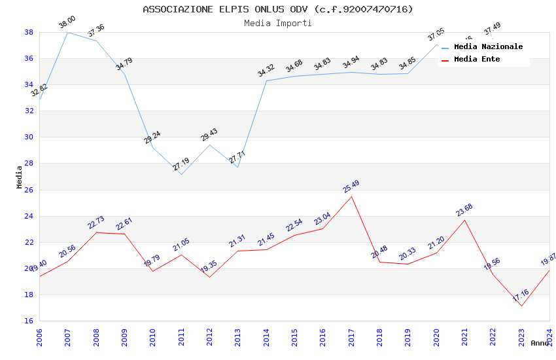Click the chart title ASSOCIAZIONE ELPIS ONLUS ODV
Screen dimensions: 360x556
click(278, 9)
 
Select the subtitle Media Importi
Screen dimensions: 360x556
click(278, 23)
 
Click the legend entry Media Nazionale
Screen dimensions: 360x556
click(488, 46)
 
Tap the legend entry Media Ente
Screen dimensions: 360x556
click(477, 59)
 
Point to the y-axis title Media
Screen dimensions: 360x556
click(20, 177)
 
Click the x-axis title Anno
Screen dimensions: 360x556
click(540, 343)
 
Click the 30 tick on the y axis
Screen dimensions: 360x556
click(29, 137)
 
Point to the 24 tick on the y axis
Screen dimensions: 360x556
click(29, 216)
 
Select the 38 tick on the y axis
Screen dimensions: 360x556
click(29, 32)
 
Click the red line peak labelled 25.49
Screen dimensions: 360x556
click(351, 196)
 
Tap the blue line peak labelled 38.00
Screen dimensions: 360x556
click(67, 32)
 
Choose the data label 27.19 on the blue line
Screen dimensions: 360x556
click(181, 164)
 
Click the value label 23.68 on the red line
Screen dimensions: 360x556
click(464, 210)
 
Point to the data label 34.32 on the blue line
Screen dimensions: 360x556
click(266, 71)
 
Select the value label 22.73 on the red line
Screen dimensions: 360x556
click(96, 223)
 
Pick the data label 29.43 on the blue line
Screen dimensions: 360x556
click(209, 135)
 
